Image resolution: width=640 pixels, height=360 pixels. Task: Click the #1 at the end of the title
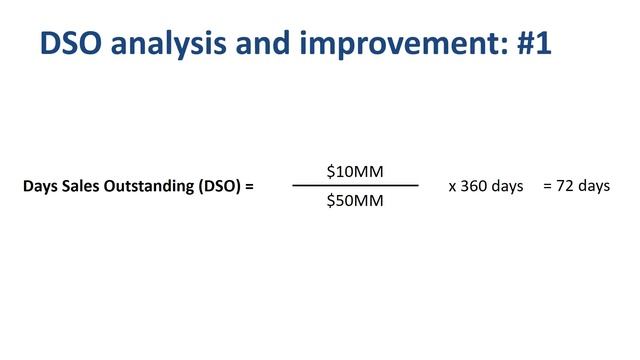coord(526,43)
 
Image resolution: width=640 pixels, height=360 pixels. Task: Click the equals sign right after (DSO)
coord(249,187)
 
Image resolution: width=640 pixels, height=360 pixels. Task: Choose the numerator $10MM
coord(355,172)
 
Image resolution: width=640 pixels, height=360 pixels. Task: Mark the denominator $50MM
coord(355,201)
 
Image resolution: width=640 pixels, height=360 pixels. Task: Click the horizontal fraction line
coord(355,186)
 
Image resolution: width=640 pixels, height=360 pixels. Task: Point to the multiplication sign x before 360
coord(453,187)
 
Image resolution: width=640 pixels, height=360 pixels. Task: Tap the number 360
coord(476,186)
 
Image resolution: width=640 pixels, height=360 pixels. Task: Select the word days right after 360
coord(508,187)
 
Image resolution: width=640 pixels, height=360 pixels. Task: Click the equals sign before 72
coord(547,186)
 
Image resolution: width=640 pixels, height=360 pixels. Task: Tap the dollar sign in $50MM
coord(331,201)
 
